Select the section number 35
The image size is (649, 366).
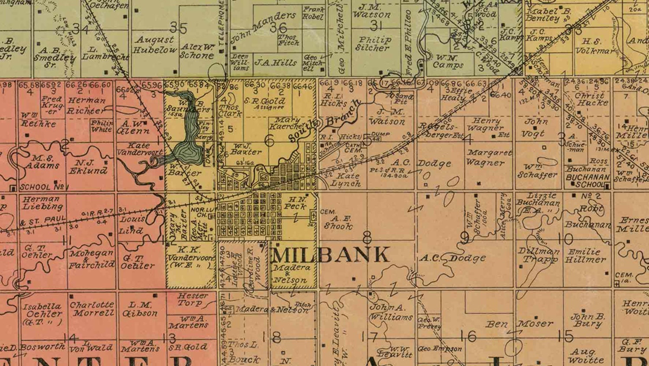[178, 28]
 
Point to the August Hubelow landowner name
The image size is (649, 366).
[154, 45]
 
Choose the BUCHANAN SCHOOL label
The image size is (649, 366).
[587, 181]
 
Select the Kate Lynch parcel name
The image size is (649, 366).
[345, 180]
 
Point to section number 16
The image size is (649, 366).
[468, 336]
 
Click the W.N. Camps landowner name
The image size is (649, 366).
[448, 61]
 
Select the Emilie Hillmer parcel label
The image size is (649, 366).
[585, 255]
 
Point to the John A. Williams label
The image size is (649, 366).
[390, 312]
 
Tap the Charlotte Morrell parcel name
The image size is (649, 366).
[92, 309]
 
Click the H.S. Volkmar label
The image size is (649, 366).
[594, 46]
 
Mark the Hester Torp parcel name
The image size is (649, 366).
[190, 299]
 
